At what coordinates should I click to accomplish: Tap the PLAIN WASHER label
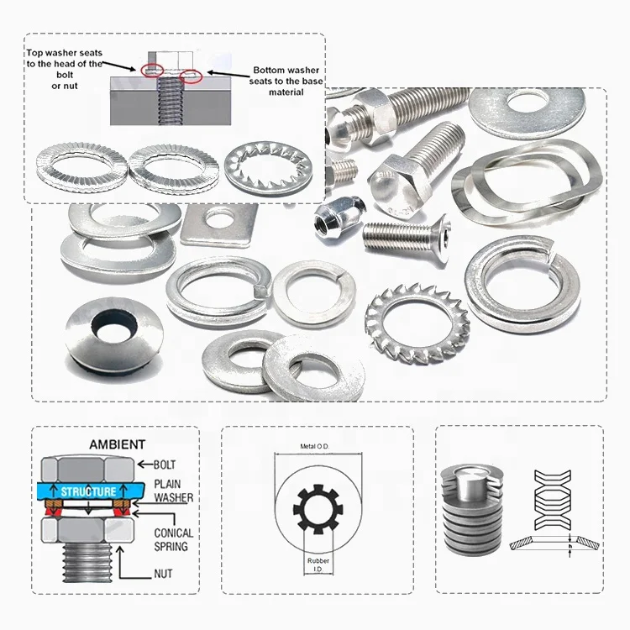pos(173,491)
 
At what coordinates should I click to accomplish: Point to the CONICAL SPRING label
pos(173,538)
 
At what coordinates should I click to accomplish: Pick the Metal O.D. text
pos(317,446)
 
